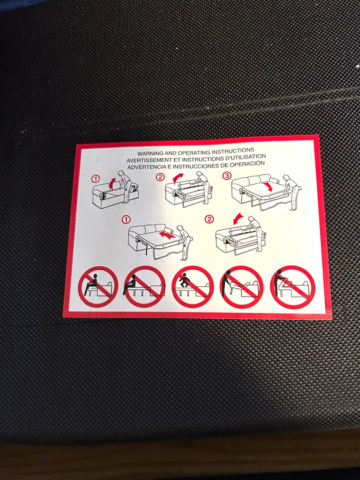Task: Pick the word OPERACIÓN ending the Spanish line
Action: (249, 164)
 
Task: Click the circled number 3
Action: (227, 176)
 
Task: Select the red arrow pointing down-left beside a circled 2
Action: (238, 219)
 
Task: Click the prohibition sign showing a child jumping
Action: (192, 286)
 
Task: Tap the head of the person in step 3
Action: (286, 178)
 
